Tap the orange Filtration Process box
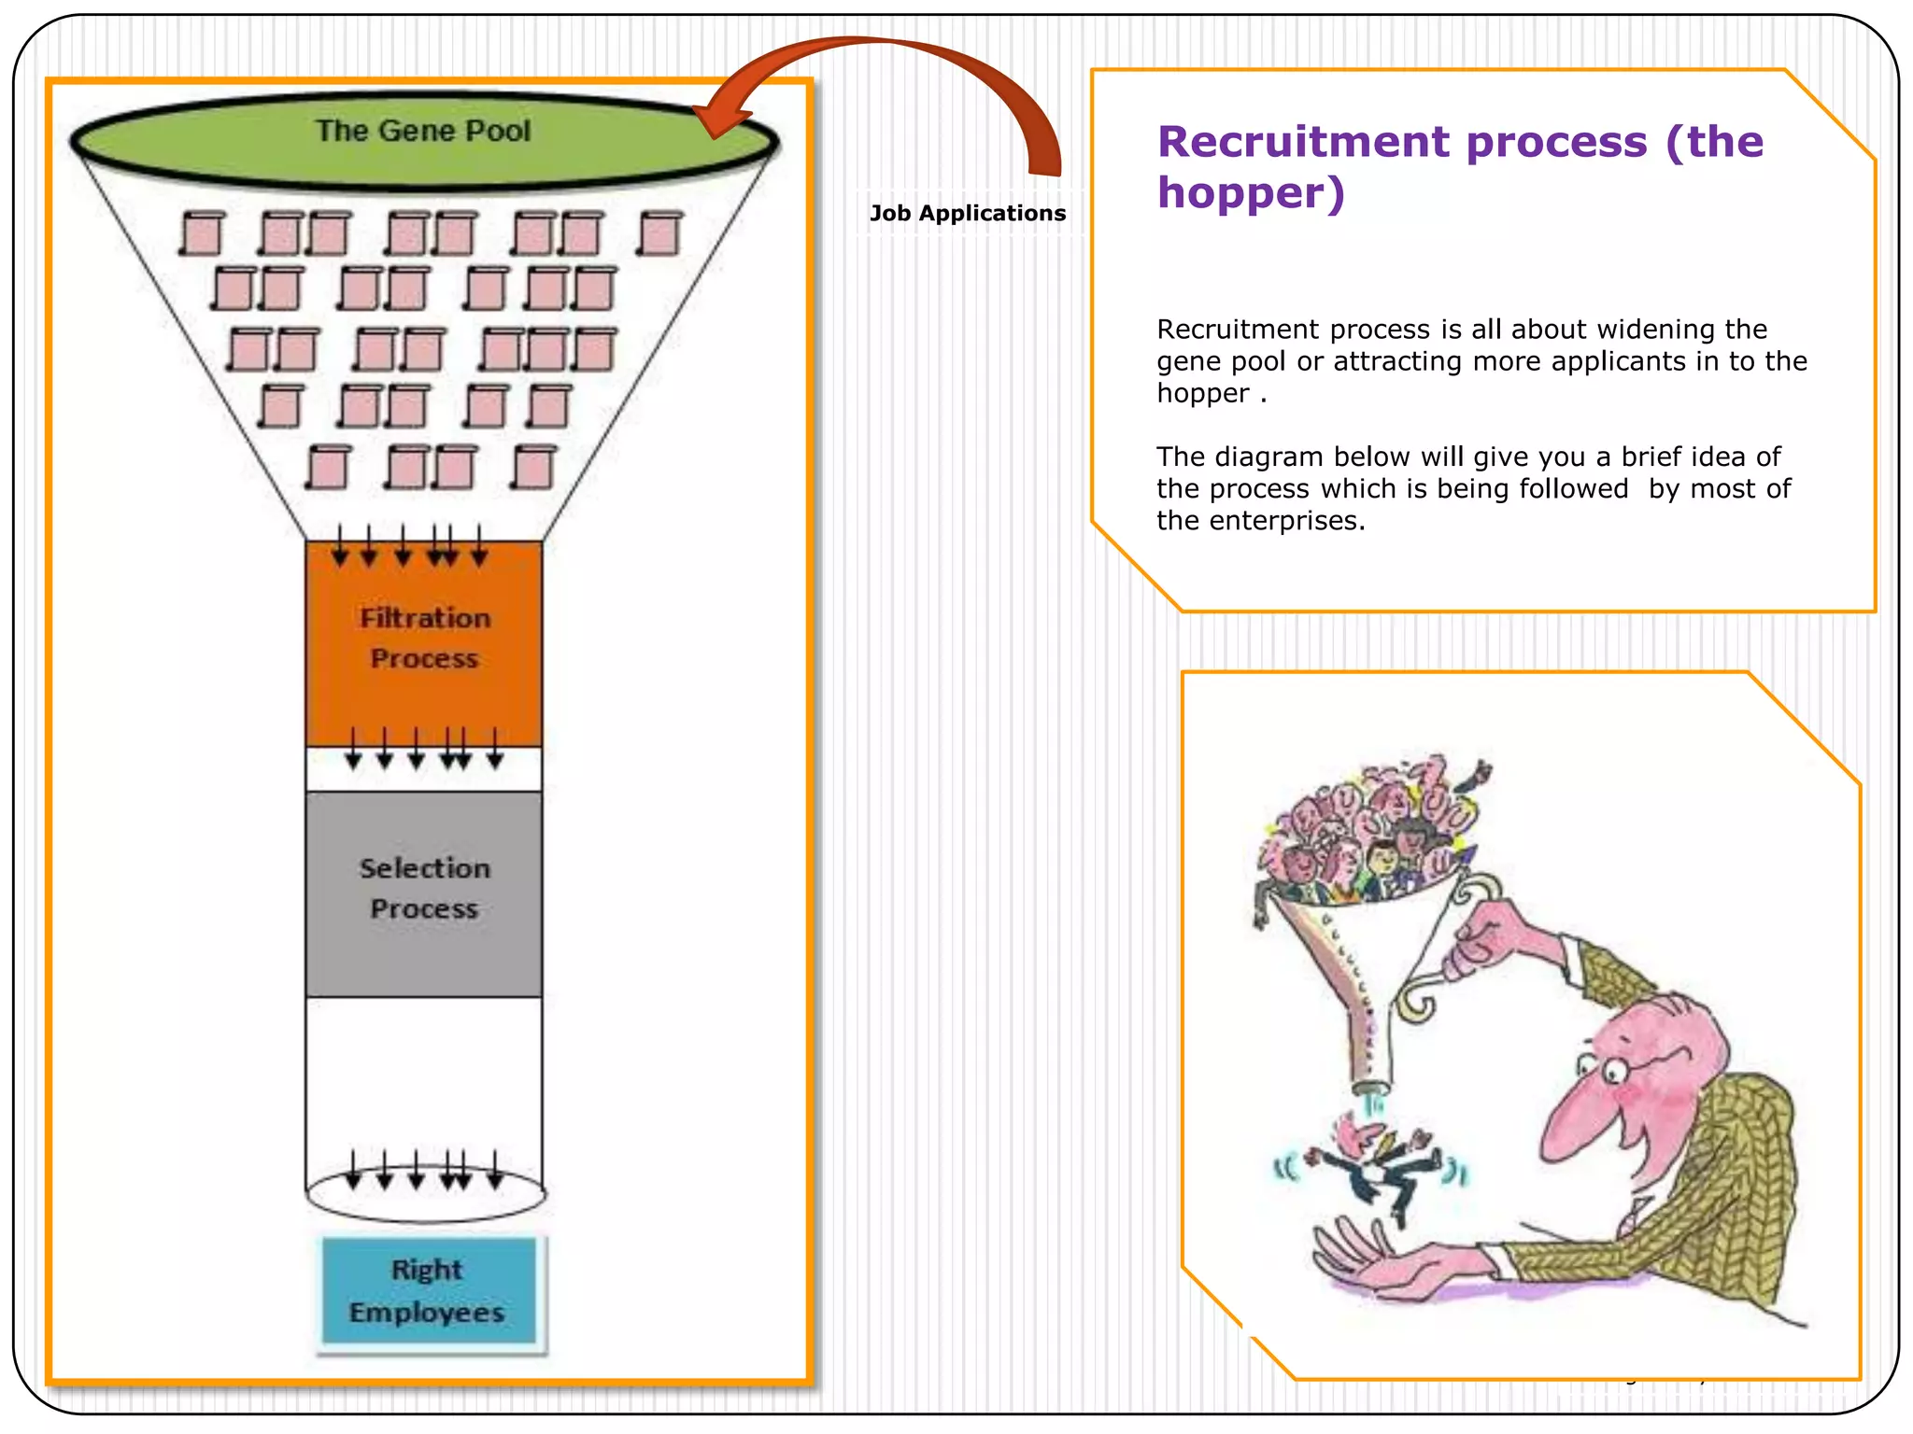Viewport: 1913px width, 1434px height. coord(424,644)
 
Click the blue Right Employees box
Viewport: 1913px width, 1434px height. coord(429,1291)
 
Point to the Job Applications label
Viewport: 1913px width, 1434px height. coord(968,213)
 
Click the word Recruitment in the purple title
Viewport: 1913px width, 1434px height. coord(1308,142)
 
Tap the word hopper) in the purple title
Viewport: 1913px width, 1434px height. coord(1251,192)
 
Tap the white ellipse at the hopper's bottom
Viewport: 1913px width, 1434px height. coord(426,1195)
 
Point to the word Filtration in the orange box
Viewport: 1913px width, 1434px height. coord(425,618)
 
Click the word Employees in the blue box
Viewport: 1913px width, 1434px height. coord(427,1313)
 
